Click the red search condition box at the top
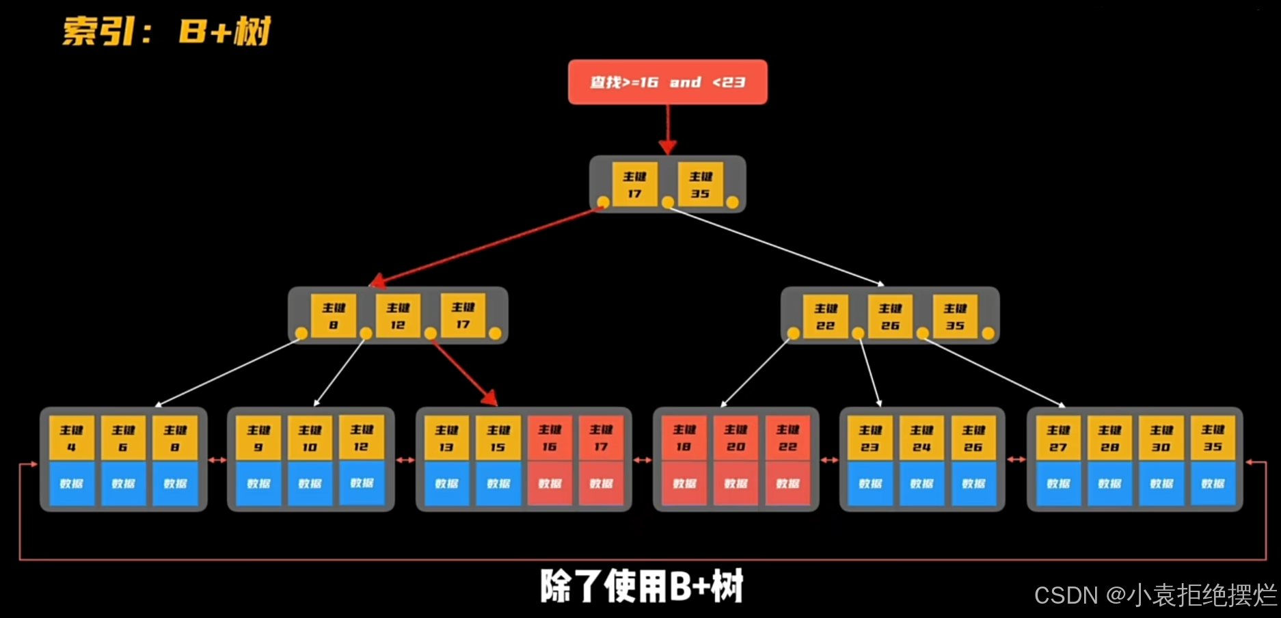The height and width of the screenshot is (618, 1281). tap(667, 82)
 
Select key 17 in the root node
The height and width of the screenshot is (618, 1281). tap(634, 184)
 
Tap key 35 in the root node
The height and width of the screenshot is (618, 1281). tap(700, 184)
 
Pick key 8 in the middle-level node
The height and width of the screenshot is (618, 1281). tap(333, 316)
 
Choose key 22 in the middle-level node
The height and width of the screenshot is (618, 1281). tap(825, 317)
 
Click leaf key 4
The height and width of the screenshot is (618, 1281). tap(71, 438)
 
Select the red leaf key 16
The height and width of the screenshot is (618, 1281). tap(550, 438)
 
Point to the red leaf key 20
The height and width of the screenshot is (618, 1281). tap(736, 438)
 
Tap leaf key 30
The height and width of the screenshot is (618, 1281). tap(1161, 438)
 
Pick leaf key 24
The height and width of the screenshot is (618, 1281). tap(921, 438)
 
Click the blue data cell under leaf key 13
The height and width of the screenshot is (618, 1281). tap(446, 483)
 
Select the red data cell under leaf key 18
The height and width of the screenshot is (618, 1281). tap(684, 483)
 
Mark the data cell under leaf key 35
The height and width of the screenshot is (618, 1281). tap(1213, 483)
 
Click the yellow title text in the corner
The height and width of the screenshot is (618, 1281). tap(167, 31)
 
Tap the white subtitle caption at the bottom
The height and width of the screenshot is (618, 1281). tap(641, 587)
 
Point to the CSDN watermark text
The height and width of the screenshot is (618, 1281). tap(1155, 595)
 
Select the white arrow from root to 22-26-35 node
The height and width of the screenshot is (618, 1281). tap(776, 246)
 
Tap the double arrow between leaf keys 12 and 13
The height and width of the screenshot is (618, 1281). tap(405, 460)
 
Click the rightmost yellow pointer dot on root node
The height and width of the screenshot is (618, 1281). tap(732, 202)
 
